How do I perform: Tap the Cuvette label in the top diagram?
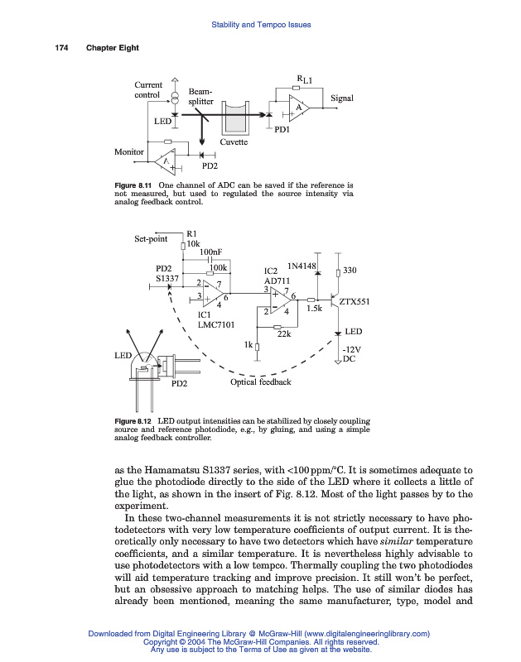click(234, 142)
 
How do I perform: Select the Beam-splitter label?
click(200, 97)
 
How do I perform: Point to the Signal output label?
click(342, 98)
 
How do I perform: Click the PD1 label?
click(282, 131)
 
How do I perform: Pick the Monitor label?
click(128, 152)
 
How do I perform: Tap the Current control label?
click(148, 89)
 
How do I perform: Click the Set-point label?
click(151, 240)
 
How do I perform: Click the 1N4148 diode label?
click(302, 266)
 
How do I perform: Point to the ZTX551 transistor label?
click(355, 302)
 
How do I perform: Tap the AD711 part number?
click(277, 280)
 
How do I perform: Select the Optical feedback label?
click(260, 382)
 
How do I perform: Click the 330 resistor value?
click(349, 271)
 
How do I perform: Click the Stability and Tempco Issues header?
click(261, 25)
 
